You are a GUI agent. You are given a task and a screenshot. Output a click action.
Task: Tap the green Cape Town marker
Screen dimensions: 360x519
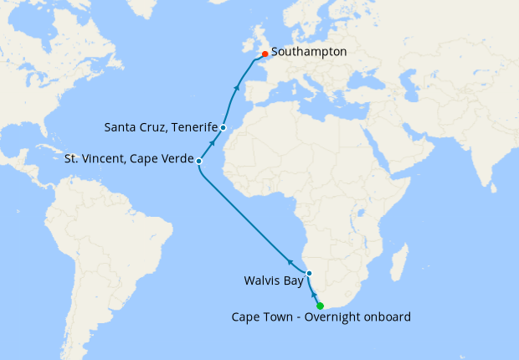[x=321, y=306]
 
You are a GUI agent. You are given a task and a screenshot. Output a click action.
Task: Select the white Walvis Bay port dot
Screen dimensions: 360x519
[x=309, y=274]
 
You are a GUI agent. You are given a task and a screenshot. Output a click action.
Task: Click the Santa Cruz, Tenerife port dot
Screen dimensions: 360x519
[x=224, y=127]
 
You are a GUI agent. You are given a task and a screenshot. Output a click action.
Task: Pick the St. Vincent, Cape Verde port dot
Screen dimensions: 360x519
[x=198, y=160]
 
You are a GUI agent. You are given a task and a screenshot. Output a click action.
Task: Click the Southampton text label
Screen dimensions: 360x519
[x=309, y=52]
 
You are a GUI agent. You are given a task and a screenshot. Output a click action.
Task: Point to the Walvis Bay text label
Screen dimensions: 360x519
[x=272, y=280]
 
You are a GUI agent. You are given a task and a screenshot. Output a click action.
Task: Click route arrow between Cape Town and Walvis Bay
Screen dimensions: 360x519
[x=315, y=295]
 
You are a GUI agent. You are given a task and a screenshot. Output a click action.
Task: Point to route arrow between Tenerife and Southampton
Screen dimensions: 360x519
[x=237, y=86]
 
